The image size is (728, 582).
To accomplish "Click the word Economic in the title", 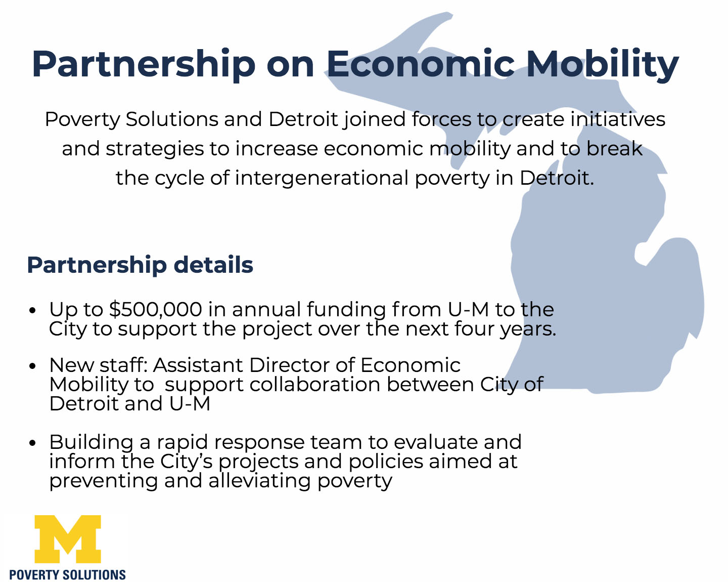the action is (421, 64).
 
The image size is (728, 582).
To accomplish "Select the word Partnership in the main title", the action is (144, 65).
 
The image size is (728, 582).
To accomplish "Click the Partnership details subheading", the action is (140, 265).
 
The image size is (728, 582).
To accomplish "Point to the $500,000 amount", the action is (156, 310).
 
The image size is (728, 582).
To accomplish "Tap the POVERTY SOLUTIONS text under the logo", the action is (67, 575).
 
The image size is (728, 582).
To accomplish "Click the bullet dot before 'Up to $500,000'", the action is (32, 310).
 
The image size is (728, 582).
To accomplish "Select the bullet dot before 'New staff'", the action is (32, 366).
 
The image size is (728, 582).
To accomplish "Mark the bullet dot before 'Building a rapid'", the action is (32, 443).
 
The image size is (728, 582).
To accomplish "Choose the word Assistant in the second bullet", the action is (198, 365).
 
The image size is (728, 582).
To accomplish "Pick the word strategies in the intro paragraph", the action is (155, 149).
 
